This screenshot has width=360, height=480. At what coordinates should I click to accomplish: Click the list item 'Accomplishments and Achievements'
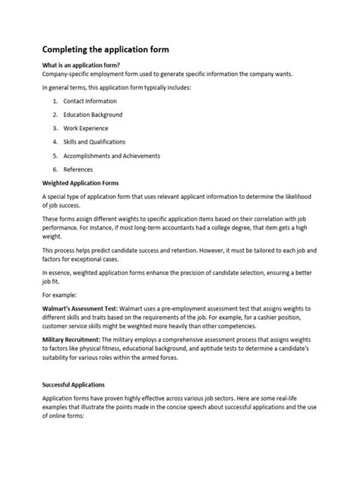112,156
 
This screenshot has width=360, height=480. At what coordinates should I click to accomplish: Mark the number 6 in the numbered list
55,169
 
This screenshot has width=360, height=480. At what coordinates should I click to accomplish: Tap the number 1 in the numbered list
55,101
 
